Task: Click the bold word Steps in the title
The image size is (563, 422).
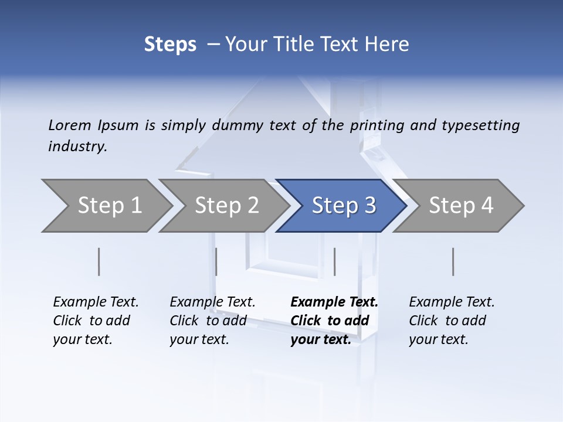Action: click(x=170, y=45)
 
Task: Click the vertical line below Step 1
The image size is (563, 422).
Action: click(x=99, y=261)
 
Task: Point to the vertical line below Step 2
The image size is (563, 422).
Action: click(x=216, y=261)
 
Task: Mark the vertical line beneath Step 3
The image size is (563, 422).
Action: click(x=334, y=261)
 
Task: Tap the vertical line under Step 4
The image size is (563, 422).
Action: click(x=453, y=261)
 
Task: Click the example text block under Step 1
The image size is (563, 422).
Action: click(x=96, y=321)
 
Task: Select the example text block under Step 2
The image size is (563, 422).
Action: click(x=212, y=321)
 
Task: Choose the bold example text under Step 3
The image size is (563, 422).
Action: click(x=334, y=321)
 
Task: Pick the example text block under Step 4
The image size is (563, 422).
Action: click(x=452, y=321)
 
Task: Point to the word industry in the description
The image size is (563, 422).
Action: click(x=77, y=147)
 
